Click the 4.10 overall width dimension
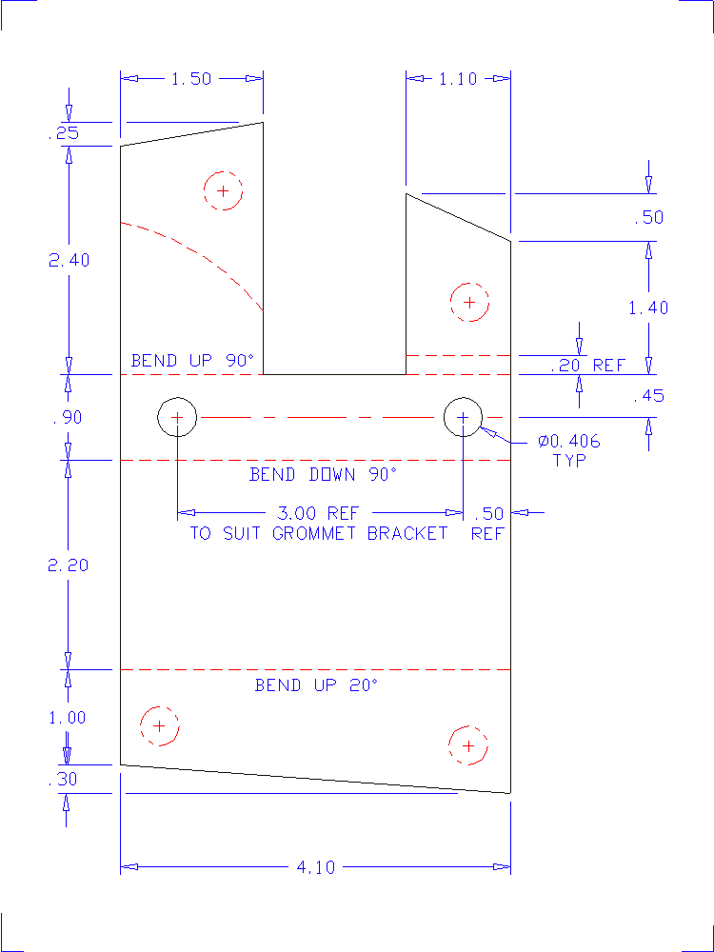click(315, 867)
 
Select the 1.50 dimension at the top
click(190, 79)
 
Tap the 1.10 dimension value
click(458, 79)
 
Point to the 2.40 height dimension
click(69, 260)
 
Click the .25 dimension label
click(63, 134)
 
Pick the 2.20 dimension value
click(69, 565)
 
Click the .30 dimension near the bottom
click(63, 780)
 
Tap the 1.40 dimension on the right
click(648, 307)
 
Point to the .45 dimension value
click(648, 396)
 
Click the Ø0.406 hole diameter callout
click(569, 442)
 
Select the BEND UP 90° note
click(193, 361)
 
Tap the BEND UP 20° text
click(316, 685)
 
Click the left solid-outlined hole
click(177, 417)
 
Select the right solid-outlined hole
click(464, 417)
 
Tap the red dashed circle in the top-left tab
click(223, 190)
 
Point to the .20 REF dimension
click(587, 366)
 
